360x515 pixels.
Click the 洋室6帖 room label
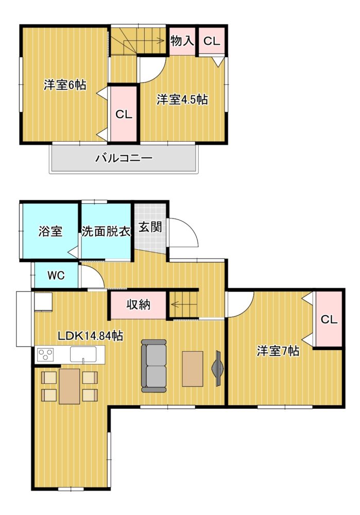click(64, 85)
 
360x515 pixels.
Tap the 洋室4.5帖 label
click(182, 100)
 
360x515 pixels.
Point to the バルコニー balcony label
click(124, 158)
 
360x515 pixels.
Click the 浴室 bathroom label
click(50, 232)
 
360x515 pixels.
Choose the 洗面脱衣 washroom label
click(106, 232)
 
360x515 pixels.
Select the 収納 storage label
click(139, 304)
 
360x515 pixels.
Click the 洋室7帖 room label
click(278, 351)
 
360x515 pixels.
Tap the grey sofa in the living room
click(154, 366)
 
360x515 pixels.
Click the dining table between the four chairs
click(70, 386)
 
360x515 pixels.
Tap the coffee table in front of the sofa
click(193, 368)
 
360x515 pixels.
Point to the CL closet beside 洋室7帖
click(329, 319)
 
